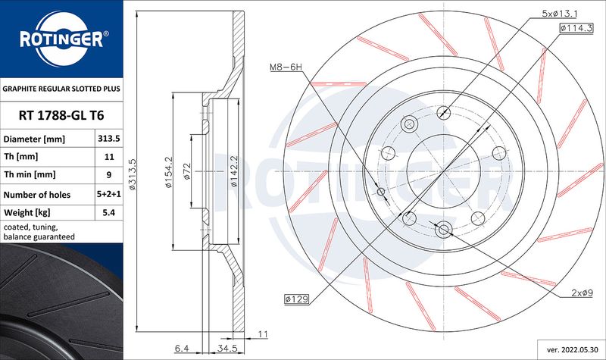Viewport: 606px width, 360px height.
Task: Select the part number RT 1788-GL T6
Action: (x=61, y=116)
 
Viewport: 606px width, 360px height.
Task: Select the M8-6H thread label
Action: (x=286, y=68)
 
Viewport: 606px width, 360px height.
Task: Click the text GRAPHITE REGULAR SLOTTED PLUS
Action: (x=61, y=89)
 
